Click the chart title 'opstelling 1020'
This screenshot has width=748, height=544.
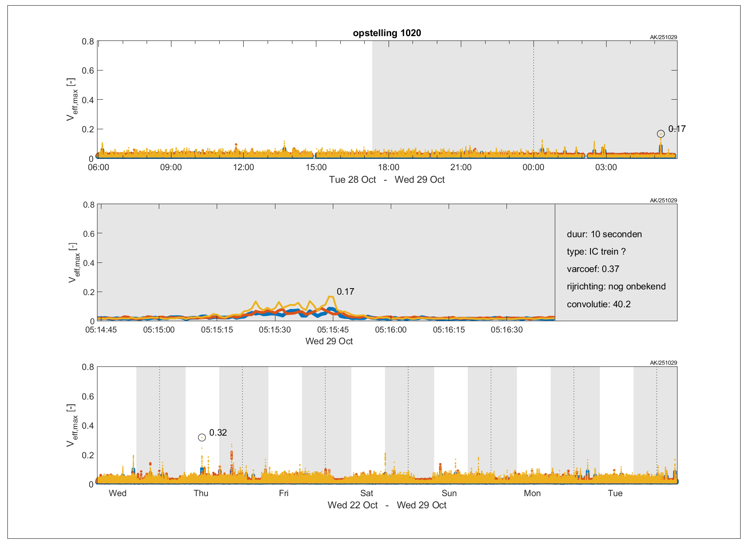click(387, 33)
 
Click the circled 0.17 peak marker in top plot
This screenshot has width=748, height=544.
click(661, 134)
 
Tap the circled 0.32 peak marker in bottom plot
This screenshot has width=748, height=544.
click(202, 437)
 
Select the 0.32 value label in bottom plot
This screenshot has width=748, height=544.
click(218, 433)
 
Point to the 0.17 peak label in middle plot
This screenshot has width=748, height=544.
click(345, 292)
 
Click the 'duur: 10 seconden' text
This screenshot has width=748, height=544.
click(604, 234)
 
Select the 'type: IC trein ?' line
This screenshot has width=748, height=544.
click(596, 252)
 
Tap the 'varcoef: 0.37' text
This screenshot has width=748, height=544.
click(593, 269)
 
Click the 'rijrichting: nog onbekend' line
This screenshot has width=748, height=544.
click(616, 286)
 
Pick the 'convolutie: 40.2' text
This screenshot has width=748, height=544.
click(598, 304)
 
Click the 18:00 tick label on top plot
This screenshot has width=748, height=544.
click(389, 167)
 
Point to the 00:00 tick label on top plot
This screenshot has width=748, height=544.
click(533, 167)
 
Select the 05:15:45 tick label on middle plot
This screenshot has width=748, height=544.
click(333, 330)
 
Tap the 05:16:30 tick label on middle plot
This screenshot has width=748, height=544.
click(506, 330)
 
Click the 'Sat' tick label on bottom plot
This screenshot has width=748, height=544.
click(367, 493)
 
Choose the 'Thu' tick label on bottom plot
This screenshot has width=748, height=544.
click(201, 493)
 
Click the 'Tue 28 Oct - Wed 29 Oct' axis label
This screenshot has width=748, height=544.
click(387, 180)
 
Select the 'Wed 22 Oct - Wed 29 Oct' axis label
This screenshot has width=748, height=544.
click(387, 505)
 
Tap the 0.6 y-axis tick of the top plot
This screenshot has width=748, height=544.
click(88, 71)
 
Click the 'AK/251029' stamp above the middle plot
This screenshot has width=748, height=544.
click(663, 201)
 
